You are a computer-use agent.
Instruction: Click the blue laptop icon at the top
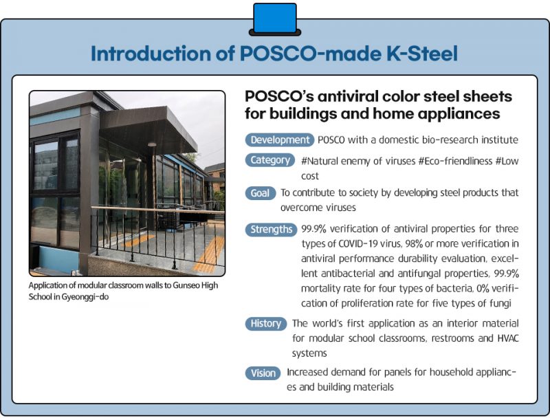[x=274, y=18]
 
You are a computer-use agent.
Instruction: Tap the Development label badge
[x=279, y=140]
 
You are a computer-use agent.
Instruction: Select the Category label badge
[x=269, y=160]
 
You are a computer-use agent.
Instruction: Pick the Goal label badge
[x=261, y=193]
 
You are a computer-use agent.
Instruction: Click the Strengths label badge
[x=271, y=229]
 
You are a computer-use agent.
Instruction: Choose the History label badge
[x=265, y=323]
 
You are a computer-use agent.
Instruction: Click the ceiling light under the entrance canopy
[x=151, y=145]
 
